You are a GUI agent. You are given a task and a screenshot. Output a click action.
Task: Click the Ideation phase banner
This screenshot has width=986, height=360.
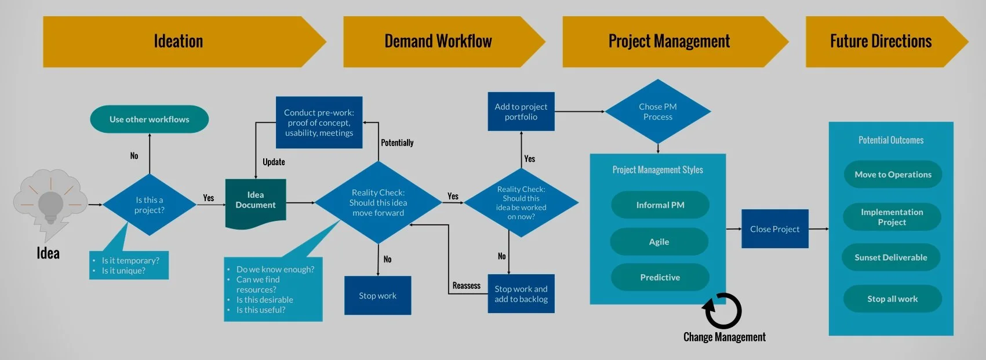point(179,42)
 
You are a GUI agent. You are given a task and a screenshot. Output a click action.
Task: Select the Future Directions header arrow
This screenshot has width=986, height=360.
point(881,42)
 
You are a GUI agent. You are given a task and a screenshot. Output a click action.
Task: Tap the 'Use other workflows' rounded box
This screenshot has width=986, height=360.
point(150,119)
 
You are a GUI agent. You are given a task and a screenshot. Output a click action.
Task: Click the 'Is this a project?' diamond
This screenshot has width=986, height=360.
point(150,205)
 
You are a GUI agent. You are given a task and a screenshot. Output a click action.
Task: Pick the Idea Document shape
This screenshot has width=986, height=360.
point(256,201)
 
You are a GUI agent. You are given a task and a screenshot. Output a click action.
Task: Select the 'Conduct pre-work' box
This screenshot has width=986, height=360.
point(319,122)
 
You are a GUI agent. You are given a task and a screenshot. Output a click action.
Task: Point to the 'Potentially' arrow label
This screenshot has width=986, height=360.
point(397,143)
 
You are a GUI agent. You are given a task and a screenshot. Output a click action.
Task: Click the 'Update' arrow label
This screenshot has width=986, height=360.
point(274,162)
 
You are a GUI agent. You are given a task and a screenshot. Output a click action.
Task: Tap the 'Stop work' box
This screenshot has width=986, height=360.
point(377,296)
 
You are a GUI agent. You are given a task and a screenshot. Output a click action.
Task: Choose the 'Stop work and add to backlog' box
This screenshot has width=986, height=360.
point(521,294)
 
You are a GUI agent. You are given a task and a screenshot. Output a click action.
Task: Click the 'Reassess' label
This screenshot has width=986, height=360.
point(466,286)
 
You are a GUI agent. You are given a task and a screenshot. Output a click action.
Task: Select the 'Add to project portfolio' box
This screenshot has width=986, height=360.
point(521,112)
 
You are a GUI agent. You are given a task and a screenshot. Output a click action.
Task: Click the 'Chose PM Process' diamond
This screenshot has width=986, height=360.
point(657,112)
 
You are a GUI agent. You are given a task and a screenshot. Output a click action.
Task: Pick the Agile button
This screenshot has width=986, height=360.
point(659,242)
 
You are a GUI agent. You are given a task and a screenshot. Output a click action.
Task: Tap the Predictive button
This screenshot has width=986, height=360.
point(660,278)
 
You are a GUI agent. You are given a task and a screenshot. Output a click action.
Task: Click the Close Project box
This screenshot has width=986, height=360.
point(774,229)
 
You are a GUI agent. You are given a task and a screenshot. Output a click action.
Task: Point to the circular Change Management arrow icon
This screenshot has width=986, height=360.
point(722,311)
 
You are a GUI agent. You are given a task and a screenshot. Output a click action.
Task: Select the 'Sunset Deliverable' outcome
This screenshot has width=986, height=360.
point(890,257)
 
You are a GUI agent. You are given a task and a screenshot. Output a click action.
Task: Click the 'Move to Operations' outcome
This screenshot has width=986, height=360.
point(893,174)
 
